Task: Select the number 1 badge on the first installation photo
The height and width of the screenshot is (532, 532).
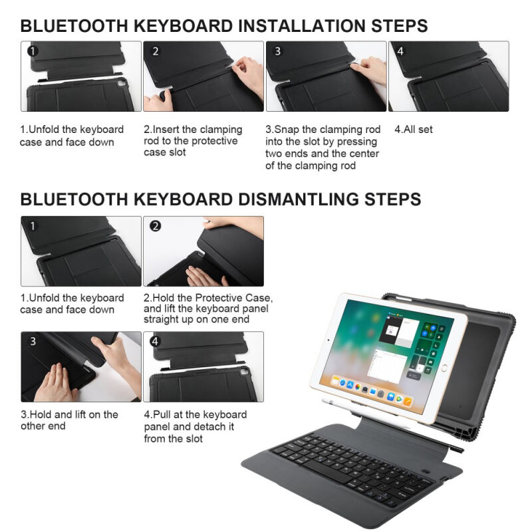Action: (33, 51)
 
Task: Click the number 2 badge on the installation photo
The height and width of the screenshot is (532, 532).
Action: (156, 51)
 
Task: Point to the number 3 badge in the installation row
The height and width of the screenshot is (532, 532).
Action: (278, 51)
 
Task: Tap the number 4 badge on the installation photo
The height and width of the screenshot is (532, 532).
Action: (400, 51)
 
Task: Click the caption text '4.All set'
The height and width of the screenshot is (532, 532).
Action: (414, 129)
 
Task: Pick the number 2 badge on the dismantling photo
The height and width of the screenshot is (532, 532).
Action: (156, 226)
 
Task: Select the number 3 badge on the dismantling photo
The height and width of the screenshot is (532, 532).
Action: (33, 341)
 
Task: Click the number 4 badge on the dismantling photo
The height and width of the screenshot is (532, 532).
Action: (156, 341)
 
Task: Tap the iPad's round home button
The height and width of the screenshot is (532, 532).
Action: (444, 368)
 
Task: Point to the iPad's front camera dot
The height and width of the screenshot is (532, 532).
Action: (329, 340)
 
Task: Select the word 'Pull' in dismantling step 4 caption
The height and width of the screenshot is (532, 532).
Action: (162, 414)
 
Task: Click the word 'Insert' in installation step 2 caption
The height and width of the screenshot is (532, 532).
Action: (166, 129)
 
